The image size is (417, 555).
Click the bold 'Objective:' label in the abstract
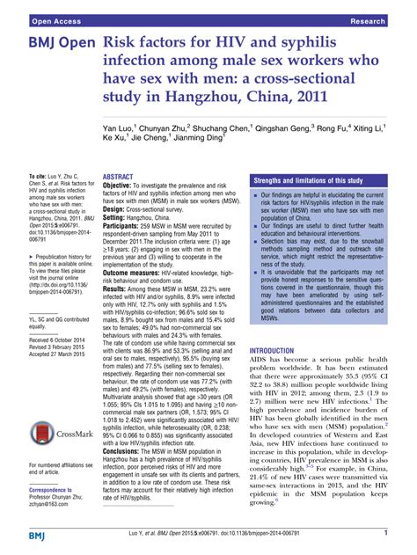tap(121, 186)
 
